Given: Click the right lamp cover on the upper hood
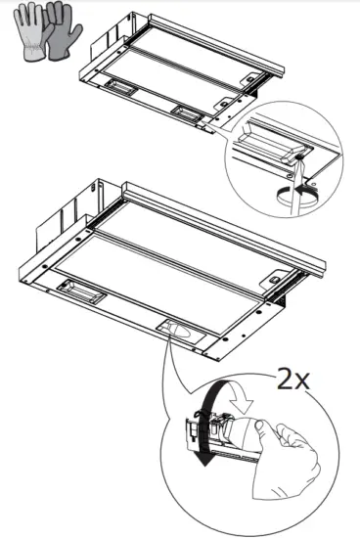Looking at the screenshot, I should [185, 112].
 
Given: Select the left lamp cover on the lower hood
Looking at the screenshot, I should [80, 289].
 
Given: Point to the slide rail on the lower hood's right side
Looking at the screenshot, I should [285, 284].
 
